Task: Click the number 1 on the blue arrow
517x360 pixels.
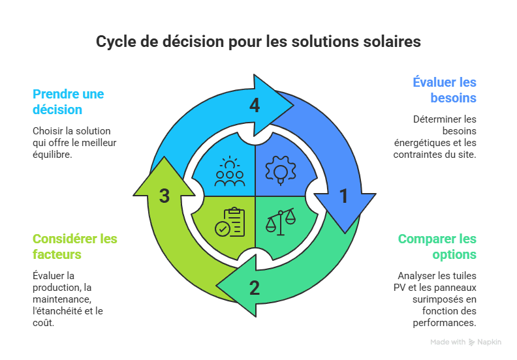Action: click(344, 195)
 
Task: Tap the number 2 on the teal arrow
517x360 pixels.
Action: click(255, 287)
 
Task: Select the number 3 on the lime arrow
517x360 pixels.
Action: click(164, 195)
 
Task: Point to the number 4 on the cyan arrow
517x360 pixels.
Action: click(255, 105)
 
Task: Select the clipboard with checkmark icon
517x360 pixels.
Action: click(230, 222)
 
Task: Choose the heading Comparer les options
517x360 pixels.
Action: click(437, 247)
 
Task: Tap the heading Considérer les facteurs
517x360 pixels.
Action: click(74, 247)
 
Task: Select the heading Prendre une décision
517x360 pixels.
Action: click(68, 102)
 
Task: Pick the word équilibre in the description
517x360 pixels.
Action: click(52, 155)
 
